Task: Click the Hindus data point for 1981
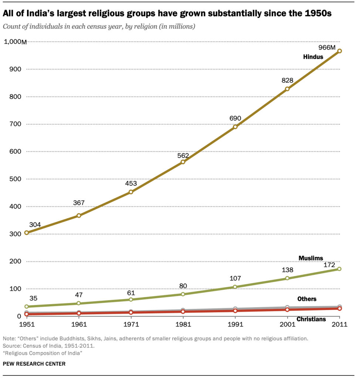(183, 162)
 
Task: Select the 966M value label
(327, 48)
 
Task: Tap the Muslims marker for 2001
(287, 278)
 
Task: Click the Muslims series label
(310, 258)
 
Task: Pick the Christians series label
(311, 319)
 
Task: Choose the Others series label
(307, 299)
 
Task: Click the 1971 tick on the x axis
(131, 325)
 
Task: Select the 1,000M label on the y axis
(15, 42)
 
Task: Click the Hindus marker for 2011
(339, 51)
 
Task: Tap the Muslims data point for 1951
(26, 306)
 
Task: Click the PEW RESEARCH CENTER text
(34, 364)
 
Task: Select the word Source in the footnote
(11, 346)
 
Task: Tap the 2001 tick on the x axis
(287, 325)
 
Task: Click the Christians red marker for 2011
(339, 308)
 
